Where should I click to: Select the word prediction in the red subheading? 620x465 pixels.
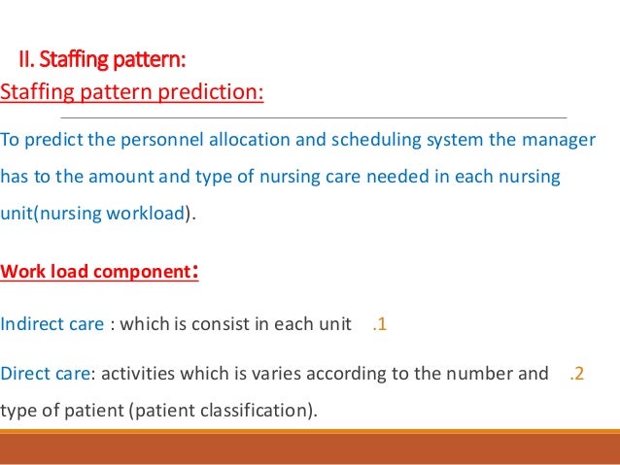[x=214, y=93]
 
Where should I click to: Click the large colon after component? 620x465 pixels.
[x=195, y=270]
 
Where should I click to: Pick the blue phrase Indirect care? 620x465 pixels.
[x=52, y=324]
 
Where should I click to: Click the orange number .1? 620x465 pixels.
[x=380, y=324]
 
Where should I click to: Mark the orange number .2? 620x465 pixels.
[x=576, y=373]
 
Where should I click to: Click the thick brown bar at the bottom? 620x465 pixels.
[x=310, y=448]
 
